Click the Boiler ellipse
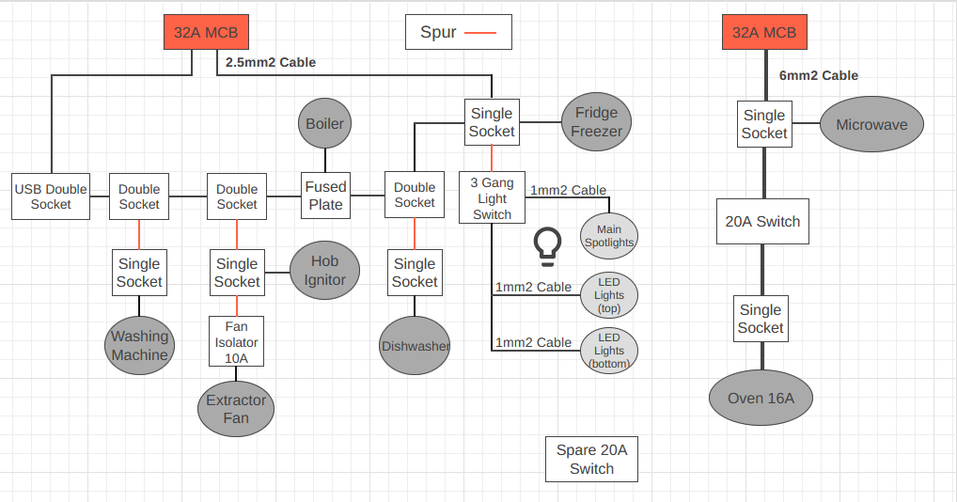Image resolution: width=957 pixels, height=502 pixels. coord(325,123)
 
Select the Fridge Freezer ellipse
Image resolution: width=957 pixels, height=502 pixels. coord(597,121)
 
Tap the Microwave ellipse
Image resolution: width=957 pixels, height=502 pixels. coord(871,124)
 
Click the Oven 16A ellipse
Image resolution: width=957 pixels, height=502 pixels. coord(761,398)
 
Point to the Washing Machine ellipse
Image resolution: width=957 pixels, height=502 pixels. coord(140,345)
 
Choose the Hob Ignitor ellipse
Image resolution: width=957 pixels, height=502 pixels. coord(324,270)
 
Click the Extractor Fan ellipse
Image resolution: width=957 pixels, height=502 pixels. coord(236,408)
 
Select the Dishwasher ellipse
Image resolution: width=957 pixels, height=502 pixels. coord(415,345)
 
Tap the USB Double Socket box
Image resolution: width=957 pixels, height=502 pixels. coord(51,196)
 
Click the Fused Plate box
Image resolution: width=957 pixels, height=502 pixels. coord(325,196)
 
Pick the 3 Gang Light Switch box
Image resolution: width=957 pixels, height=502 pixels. coord(492,198)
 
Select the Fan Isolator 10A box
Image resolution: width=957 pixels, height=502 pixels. coord(236,341)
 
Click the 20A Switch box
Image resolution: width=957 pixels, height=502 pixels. coord(762,222)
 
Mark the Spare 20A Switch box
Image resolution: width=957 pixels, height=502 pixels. coord(591,459)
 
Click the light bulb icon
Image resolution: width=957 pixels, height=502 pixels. coord(546,243)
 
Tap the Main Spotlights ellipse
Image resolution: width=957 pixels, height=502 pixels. coord(609,236)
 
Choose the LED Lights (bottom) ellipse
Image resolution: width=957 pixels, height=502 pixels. coord(609,351)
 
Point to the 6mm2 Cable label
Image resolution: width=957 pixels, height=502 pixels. coord(818,75)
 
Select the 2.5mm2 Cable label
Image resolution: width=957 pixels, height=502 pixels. coord(271,62)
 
